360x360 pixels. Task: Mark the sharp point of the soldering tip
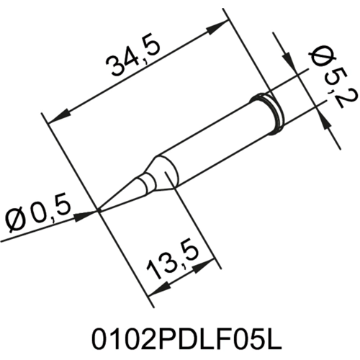pyautogui.click(x=99, y=211)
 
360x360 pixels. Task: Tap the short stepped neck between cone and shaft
pyautogui.click(x=147, y=182)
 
